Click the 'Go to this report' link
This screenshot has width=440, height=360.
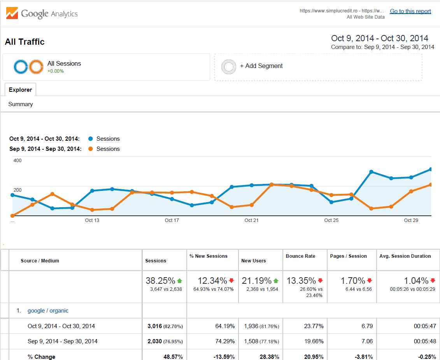click(x=410, y=11)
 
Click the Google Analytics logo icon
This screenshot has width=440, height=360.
click(x=12, y=13)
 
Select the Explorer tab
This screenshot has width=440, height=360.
click(x=20, y=90)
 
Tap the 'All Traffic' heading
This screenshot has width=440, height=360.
click(x=25, y=42)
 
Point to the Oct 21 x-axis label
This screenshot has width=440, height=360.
click(x=251, y=220)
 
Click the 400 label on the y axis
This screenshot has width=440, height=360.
click(x=18, y=161)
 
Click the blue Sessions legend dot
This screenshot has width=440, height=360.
click(x=91, y=139)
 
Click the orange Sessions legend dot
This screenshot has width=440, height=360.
click(x=91, y=149)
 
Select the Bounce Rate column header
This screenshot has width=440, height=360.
click(x=300, y=256)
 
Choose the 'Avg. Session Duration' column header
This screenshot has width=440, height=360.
click(x=405, y=256)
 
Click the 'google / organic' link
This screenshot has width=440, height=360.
click(x=48, y=311)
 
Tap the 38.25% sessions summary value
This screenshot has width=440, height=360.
click(x=160, y=281)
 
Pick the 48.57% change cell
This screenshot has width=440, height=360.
click(x=174, y=357)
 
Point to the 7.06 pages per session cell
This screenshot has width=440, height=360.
click(x=367, y=341)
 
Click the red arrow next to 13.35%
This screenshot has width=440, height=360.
click(x=320, y=281)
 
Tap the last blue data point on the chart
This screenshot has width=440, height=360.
click(x=431, y=170)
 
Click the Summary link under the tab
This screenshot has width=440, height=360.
click(x=21, y=104)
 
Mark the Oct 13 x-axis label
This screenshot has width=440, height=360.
click(x=92, y=220)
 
